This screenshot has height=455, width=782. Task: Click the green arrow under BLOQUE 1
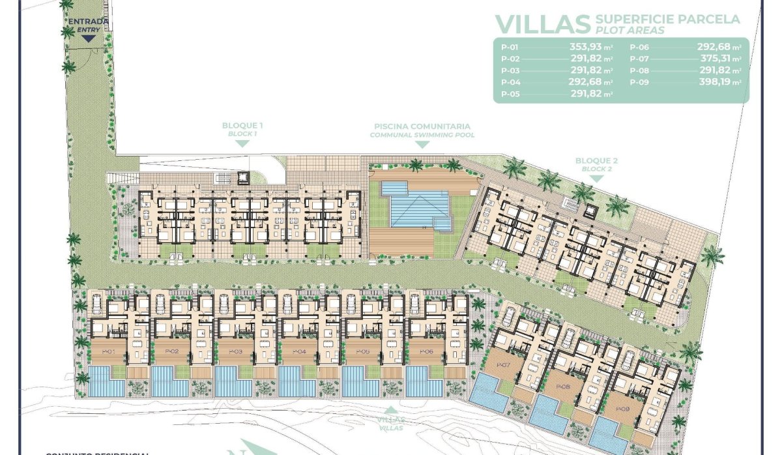pos(242,143)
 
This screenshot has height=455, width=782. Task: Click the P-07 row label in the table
pos(639,59)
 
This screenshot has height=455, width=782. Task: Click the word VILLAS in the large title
pos(543,23)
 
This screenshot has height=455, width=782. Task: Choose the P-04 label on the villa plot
pos(299,352)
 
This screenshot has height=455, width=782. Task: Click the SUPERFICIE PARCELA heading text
pos(667,19)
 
